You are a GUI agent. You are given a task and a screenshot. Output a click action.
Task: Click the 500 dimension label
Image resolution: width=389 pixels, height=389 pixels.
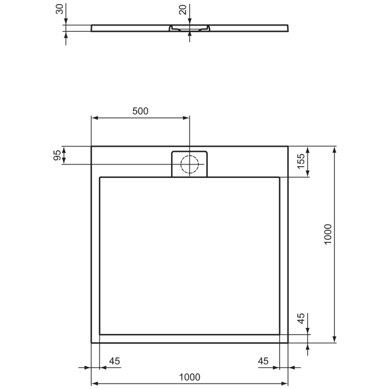tap(140, 111)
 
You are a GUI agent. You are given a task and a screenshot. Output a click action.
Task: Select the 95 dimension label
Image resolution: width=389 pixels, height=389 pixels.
tap(57, 156)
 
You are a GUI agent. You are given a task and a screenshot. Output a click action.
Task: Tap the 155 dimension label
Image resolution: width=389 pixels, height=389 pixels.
tap(300, 161)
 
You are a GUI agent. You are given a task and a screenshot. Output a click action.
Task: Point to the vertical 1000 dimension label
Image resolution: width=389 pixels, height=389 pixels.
tap(328, 235)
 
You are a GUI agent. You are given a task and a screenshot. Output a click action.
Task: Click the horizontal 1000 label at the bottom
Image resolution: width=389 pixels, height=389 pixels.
tap(189, 377)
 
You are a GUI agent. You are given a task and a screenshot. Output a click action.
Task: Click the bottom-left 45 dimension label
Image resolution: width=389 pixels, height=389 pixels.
tap(114, 361)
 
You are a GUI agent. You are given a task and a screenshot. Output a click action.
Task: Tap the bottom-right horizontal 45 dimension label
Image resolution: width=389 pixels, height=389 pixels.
tap(263, 361)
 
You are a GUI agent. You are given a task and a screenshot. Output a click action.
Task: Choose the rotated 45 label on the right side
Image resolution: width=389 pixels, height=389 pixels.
tap(301, 319)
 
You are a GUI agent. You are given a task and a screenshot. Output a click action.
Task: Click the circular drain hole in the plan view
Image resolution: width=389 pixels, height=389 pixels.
tap(190, 164)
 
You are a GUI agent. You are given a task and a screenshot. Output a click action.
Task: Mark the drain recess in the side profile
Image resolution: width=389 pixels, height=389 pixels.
tap(189, 27)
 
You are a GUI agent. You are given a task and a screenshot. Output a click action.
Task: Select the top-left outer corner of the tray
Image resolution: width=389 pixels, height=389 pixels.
tap(92, 147)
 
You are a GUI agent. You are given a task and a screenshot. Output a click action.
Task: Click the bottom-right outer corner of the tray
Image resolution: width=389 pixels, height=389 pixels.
tap(288, 342)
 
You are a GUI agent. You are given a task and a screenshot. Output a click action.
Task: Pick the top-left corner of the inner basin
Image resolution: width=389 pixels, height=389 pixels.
tap(99, 177)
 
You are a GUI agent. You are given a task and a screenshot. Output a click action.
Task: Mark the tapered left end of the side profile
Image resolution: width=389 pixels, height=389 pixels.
tap(92, 28)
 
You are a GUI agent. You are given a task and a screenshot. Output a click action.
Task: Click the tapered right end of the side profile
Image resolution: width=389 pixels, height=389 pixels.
tap(287, 28)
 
